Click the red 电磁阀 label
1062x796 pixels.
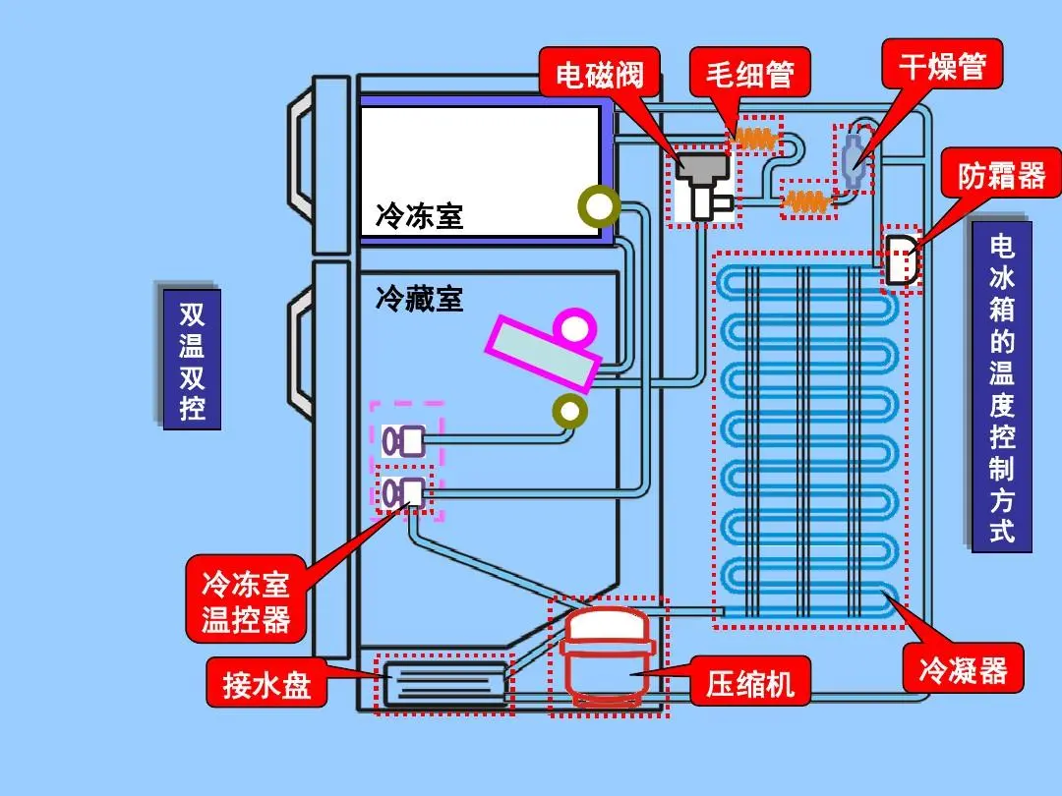click(599, 76)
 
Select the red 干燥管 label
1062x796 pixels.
click(941, 68)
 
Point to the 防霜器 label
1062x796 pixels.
click(1001, 176)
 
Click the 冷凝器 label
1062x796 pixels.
click(963, 671)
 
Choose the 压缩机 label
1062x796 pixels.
click(749, 682)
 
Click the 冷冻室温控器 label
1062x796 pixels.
click(246, 602)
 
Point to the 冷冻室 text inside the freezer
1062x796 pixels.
click(419, 215)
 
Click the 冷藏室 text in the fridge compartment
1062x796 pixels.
click(419, 298)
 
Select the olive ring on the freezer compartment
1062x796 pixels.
click(597, 205)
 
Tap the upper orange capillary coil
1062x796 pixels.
click(758, 140)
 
